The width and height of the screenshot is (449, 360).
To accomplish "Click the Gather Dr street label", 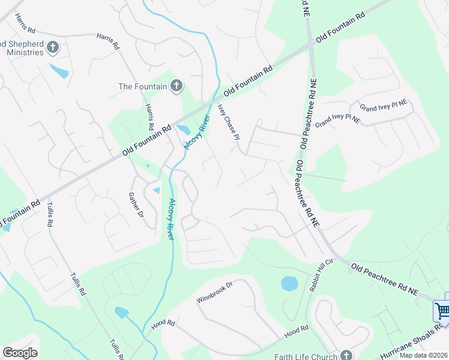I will (136, 205).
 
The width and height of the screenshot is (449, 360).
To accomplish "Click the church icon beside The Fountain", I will (176, 86).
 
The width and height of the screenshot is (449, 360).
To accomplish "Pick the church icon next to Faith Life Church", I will (346, 355).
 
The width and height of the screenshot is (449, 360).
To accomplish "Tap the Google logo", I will (20, 352).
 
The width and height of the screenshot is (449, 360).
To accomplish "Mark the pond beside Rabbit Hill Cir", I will (289, 283).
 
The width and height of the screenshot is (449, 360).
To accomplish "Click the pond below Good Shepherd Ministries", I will (59, 71).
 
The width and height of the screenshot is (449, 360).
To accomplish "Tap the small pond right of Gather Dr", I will (156, 190).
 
